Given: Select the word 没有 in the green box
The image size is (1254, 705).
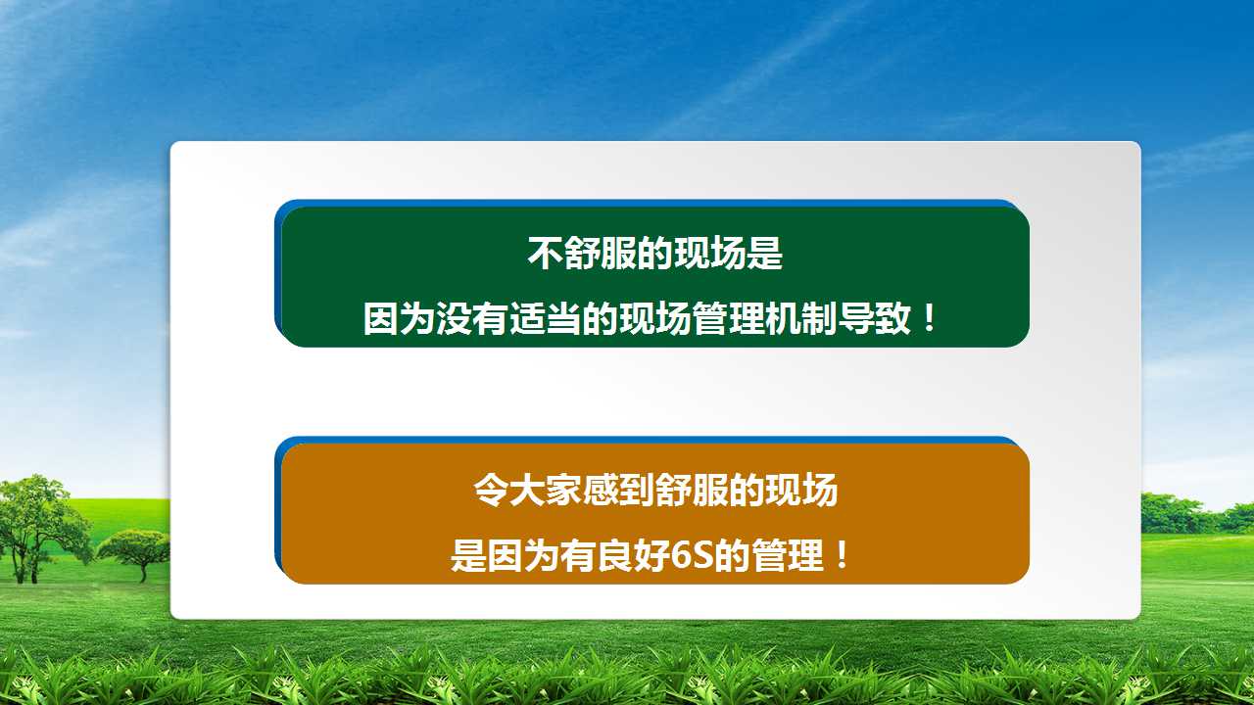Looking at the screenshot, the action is tap(471, 318).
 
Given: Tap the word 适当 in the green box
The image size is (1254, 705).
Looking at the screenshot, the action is tap(544, 318).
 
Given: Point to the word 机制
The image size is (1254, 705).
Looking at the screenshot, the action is tap(800, 318).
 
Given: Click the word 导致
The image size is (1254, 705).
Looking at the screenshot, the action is tap(873, 318).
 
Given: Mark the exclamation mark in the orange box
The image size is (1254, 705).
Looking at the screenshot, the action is tap(842, 554).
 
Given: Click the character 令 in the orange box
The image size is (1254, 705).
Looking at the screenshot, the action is tap(491, 491).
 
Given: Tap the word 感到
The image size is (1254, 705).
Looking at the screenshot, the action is tap(618, 491).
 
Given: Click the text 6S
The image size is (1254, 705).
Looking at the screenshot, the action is tap(692, 555).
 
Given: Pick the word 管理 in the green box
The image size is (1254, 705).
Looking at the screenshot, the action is tap(728, 318).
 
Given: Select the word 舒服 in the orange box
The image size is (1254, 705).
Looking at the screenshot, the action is tap(692, 491).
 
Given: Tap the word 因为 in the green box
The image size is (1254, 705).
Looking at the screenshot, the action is tap(399, 318).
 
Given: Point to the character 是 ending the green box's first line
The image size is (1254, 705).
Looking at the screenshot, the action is tap(765, 254).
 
